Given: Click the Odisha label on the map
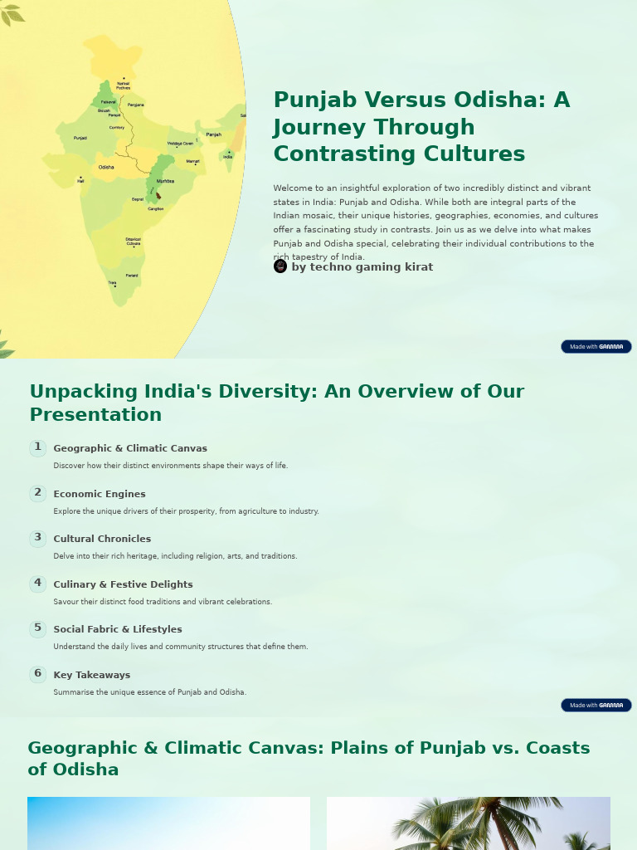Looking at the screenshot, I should pos(106,168).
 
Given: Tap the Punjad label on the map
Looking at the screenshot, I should pos(80,138).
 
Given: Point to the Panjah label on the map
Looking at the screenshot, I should pos(213,134).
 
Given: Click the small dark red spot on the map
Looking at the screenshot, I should pos(158,196).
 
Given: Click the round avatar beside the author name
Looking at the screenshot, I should pos(280,266).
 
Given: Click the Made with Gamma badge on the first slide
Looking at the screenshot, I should pos(596,346).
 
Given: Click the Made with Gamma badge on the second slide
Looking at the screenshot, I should pos(596,705).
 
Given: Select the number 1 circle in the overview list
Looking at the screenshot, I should pos(37,448).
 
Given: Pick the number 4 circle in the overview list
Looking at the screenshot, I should pos(37,584).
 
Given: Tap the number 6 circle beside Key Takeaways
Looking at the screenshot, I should pos(37,674).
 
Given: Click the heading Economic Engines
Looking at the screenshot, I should pos(100,494).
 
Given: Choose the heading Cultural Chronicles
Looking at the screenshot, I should pos(102,539).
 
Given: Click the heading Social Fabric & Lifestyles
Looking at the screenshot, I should pos(118,629).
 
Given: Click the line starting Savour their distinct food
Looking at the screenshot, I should pos(163,602).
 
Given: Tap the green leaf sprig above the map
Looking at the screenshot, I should pos(12,12).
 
